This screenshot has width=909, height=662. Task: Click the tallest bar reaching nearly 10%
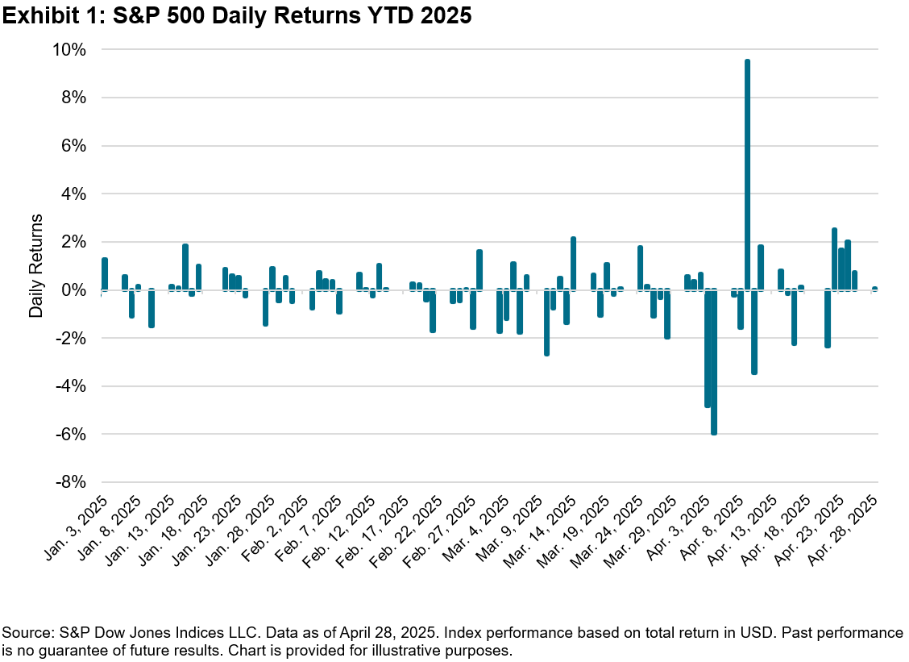tap(748, 173)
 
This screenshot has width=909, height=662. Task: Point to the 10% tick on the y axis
tap(69, 50)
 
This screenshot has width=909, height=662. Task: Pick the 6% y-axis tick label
tap(73, 146)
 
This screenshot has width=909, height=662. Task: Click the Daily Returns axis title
tap(36, 265)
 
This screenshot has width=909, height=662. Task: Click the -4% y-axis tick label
tap(69, 386)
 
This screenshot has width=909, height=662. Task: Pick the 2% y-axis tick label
tap(73, 242)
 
